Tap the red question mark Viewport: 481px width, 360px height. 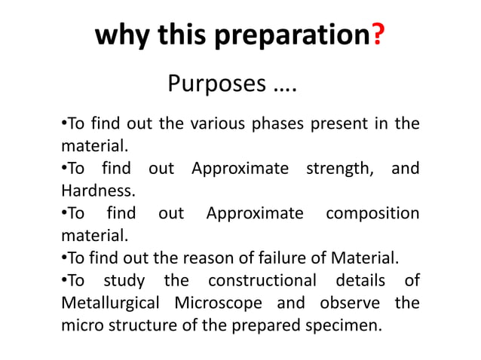pos(377,36)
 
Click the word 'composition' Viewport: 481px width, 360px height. pos(372,214)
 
